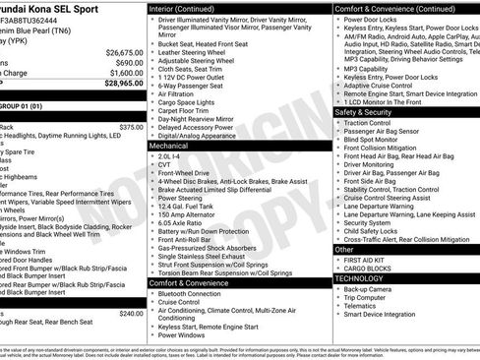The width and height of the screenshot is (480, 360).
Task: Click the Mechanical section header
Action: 169,145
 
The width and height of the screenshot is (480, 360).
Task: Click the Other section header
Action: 344,250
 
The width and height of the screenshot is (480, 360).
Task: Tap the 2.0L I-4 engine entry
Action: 169,154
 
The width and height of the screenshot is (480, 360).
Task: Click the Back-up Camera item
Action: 371,289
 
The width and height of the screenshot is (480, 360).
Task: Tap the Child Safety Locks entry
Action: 377,231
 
